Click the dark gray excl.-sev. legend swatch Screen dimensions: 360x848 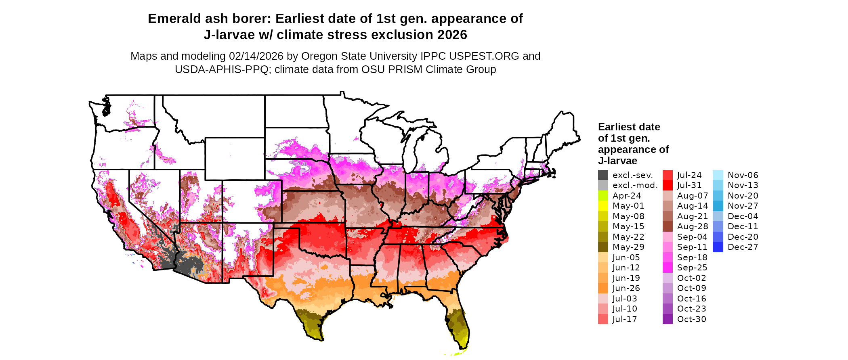(x=603, y=175)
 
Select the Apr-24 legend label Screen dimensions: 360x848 (x=627, y=196)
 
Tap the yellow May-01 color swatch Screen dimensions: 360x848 (x=603, y=206)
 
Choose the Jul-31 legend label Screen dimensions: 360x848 (x=689, y=185)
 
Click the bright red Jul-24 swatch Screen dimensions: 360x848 (x=668, y=175)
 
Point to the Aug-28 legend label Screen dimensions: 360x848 (x=693, y=226)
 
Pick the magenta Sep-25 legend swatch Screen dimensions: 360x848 (x=668, y=268)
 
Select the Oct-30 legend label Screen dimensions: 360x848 (x=692, y=319)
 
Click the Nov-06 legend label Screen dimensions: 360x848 (x=743, y=175)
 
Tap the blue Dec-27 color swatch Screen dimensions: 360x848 (x=718, y=247)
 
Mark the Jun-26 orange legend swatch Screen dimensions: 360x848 (x=603, y=288)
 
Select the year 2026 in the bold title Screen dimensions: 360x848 (x=452, y=35)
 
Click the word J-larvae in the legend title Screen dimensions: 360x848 (x=617, y=161)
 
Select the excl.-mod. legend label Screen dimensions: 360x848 (x=635, y=185)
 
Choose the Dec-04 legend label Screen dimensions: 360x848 (x=743, y=216)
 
